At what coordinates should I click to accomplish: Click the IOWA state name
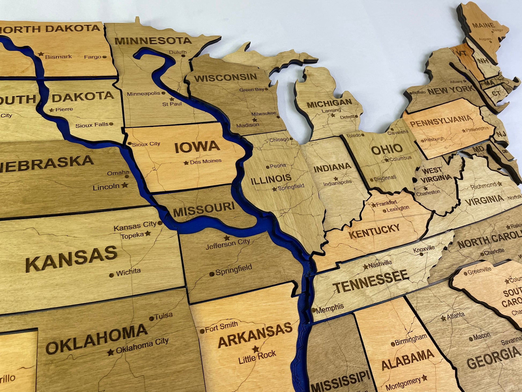pos(197,147)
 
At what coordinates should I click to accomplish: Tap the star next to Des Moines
pos(186,163)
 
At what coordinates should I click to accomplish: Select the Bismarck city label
pos(58,57)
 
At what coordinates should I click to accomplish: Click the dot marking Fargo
pos(104,57)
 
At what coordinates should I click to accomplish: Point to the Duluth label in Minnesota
pos(178,52)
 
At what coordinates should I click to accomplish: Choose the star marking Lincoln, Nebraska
pos(124,185)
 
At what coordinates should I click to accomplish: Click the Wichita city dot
pos(111,275)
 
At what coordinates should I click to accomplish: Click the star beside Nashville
pos(365,267)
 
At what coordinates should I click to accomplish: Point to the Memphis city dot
pos(314,310)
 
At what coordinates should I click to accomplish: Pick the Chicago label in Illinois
pos(279,140)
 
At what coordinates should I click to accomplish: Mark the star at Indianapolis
pos(336,179)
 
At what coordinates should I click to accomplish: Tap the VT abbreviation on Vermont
pos(462,53)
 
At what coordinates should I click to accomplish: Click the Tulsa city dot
pos(151,319)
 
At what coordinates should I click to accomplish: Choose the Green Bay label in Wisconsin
pos(251,89)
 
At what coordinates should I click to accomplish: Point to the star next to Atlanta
pos(443,318)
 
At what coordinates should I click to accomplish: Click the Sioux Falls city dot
pos(111,124)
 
